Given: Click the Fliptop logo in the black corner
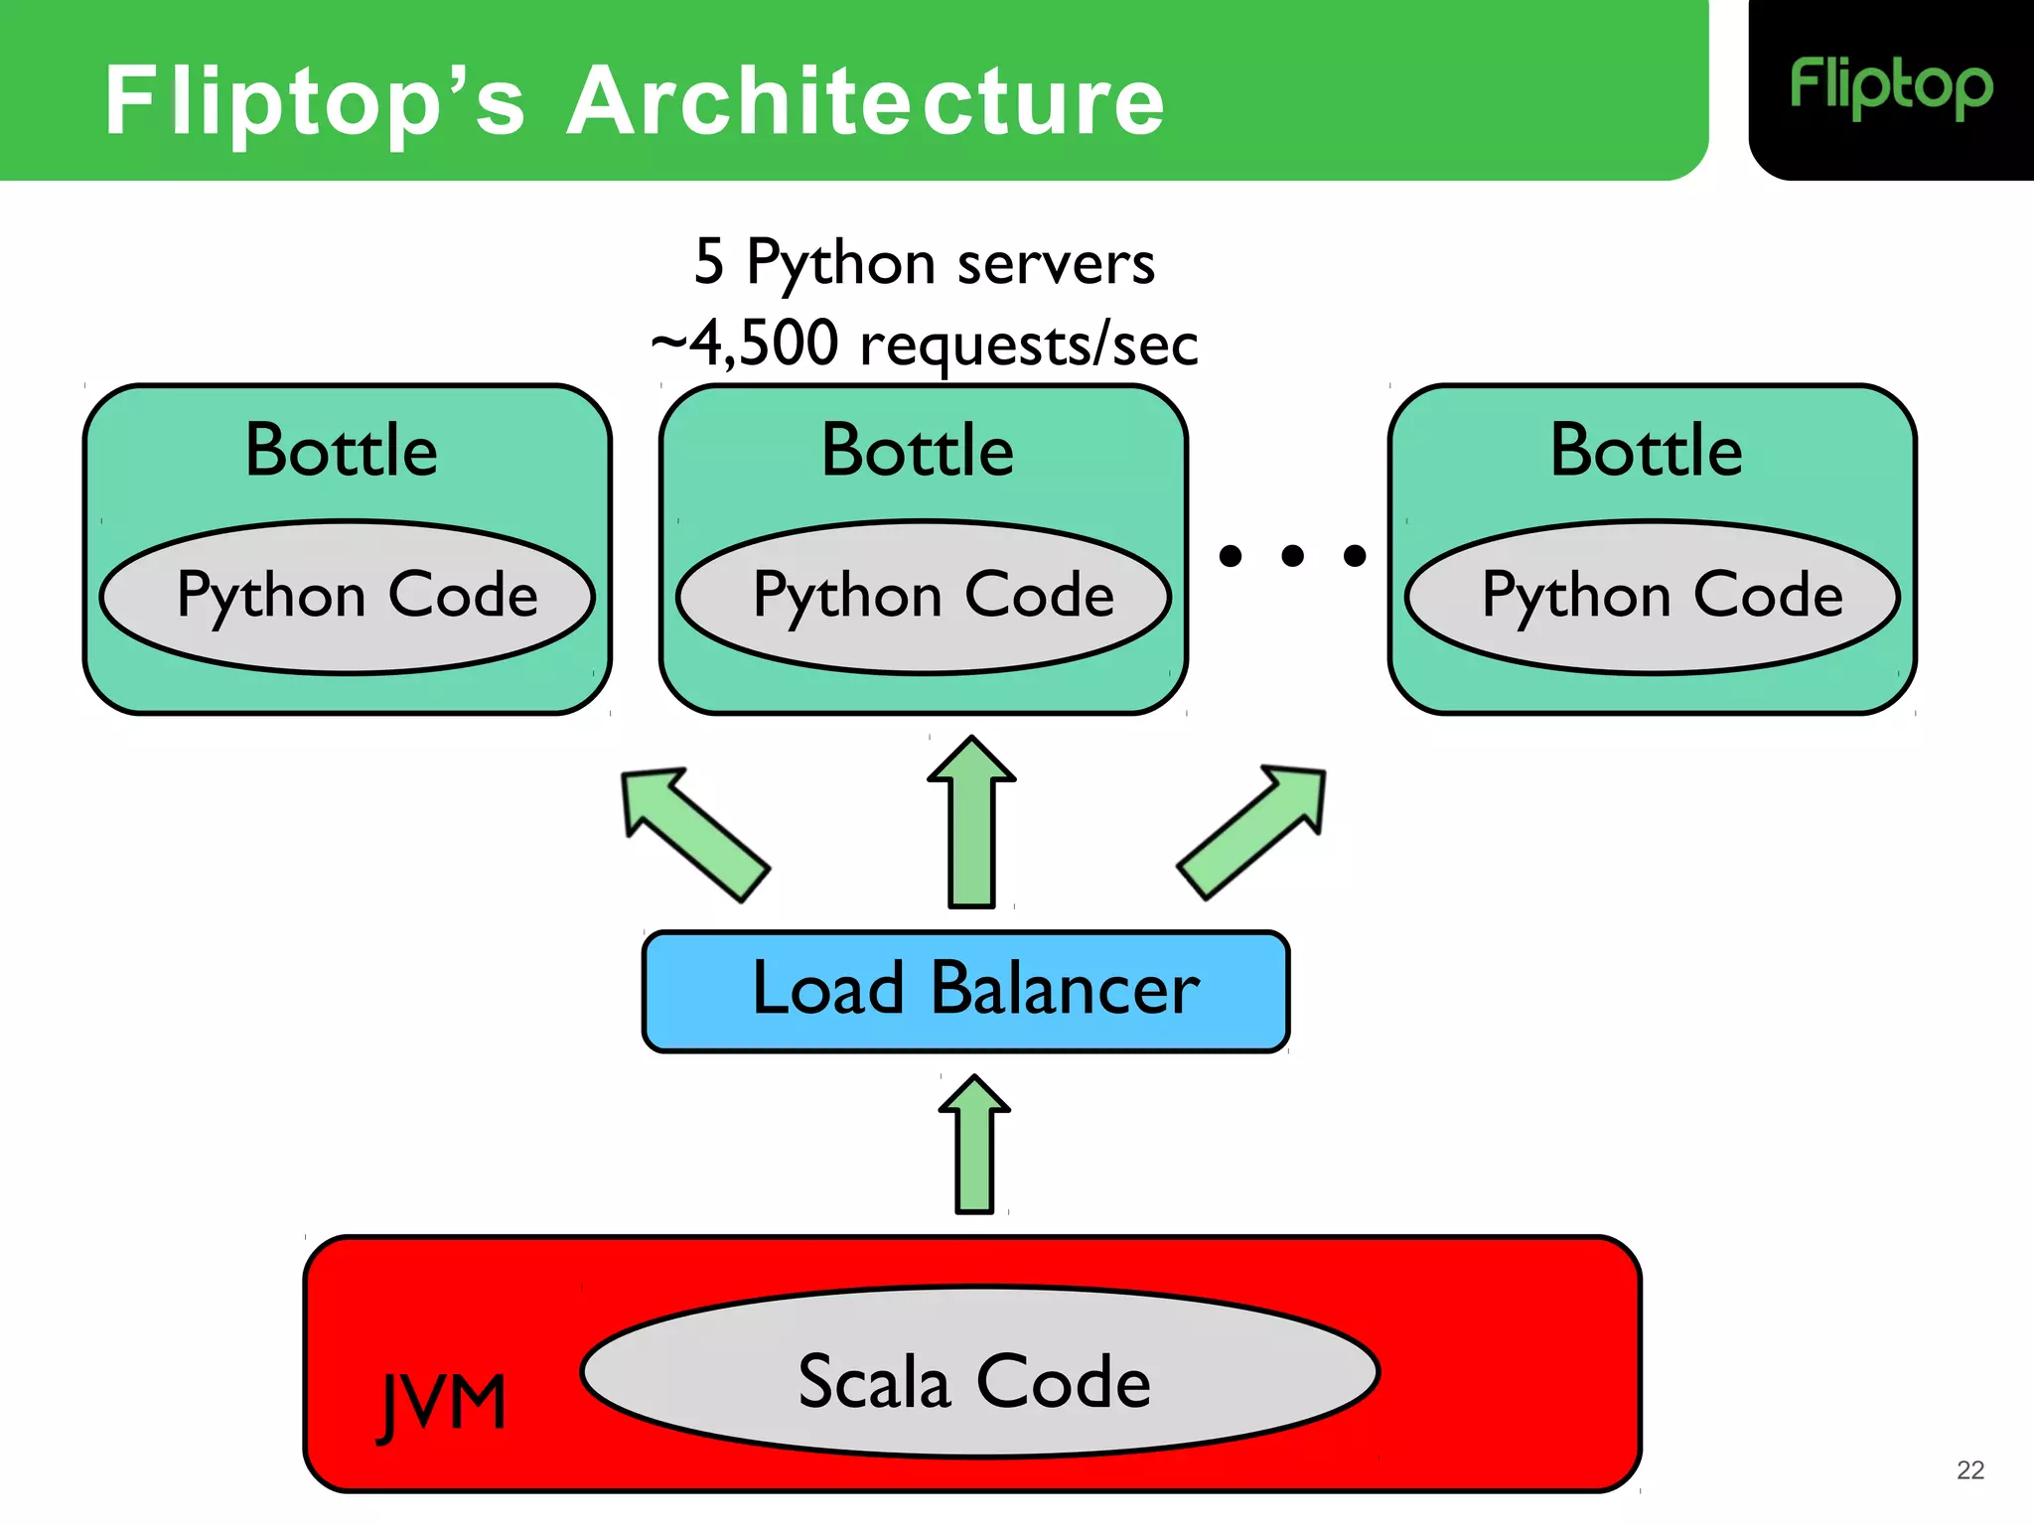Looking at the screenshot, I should coord(1890,87).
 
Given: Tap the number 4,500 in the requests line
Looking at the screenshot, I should coord(764,345).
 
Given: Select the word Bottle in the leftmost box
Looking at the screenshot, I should coord(341,451).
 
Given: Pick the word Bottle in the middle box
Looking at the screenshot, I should coord(918,451).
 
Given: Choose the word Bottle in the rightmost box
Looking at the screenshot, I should coord(1646,451).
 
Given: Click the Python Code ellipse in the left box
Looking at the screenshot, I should coord(348,597).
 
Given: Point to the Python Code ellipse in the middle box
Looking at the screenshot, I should coord(924,597).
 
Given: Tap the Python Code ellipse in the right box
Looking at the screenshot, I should coord(1653,597).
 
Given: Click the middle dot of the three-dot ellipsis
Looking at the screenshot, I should coord(1292,556).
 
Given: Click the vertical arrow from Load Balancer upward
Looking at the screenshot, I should coord(971,824).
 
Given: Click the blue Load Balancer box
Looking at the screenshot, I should coord(965,991).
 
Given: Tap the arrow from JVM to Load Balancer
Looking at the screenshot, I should coord(974,1147).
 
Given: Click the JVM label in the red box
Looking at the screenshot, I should coord(443,1403).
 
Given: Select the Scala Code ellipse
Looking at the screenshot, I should coord(979,1373).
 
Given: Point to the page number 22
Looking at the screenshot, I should coord(1969,1470).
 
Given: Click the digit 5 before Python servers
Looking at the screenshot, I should coord(709,263).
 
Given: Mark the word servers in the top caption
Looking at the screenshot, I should coord(1056,264).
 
